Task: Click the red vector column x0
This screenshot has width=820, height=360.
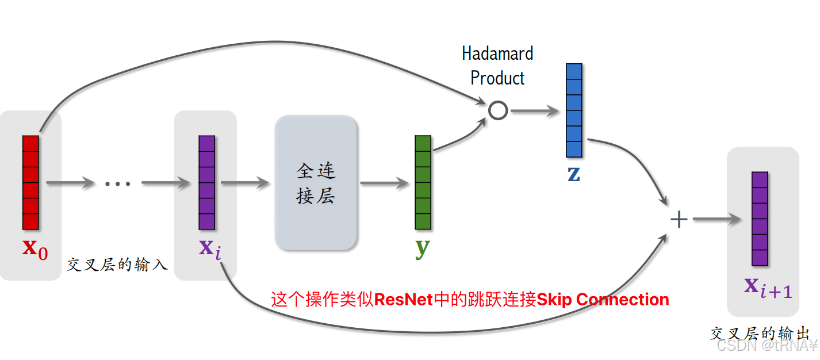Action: [30, 182]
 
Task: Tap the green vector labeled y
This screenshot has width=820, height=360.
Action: [423, 182]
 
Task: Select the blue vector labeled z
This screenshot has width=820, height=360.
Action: [574, 110]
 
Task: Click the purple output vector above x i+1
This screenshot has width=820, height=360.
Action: [760, 219]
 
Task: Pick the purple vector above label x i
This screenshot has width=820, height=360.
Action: [206, 182]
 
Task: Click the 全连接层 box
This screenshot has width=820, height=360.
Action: [316, 183]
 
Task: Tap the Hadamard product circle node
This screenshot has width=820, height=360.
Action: [498, 110]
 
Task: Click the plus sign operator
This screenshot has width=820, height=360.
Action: [679, 219]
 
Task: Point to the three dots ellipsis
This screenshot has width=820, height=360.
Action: [118, 183]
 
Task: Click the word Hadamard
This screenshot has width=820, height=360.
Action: [497, 53]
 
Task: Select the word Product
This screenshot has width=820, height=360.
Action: [497, 78]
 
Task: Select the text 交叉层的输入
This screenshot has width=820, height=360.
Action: [117, 265]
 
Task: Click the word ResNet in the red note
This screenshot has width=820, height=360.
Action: [403, 300]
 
